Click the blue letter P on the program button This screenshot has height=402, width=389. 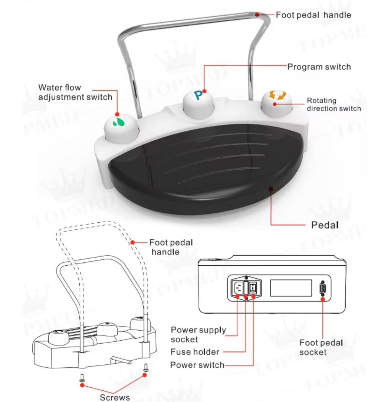pos(198,95)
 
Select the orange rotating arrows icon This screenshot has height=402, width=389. pos(277,95)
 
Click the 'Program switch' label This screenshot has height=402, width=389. pos(319,67)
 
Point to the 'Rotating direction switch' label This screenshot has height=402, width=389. pos(334,105)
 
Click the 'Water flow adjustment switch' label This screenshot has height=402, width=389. pos(75,92)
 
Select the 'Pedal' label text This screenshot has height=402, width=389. pos(325,225)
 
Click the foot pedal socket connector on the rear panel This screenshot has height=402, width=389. pos(323,288)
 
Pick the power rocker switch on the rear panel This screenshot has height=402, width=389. pos(253,288)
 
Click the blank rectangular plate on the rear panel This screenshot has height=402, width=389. pos(291,288)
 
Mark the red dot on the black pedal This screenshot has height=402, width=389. pos(271,189)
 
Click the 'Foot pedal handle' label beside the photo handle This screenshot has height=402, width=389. pos(313,15)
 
